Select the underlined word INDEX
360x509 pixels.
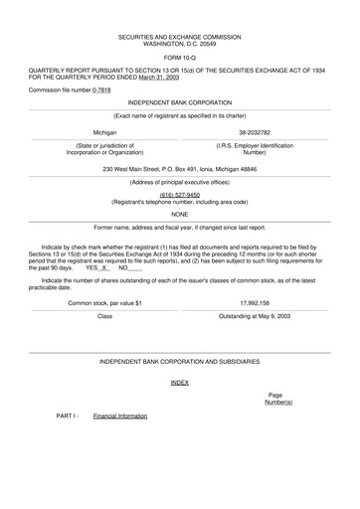(179, 382)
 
